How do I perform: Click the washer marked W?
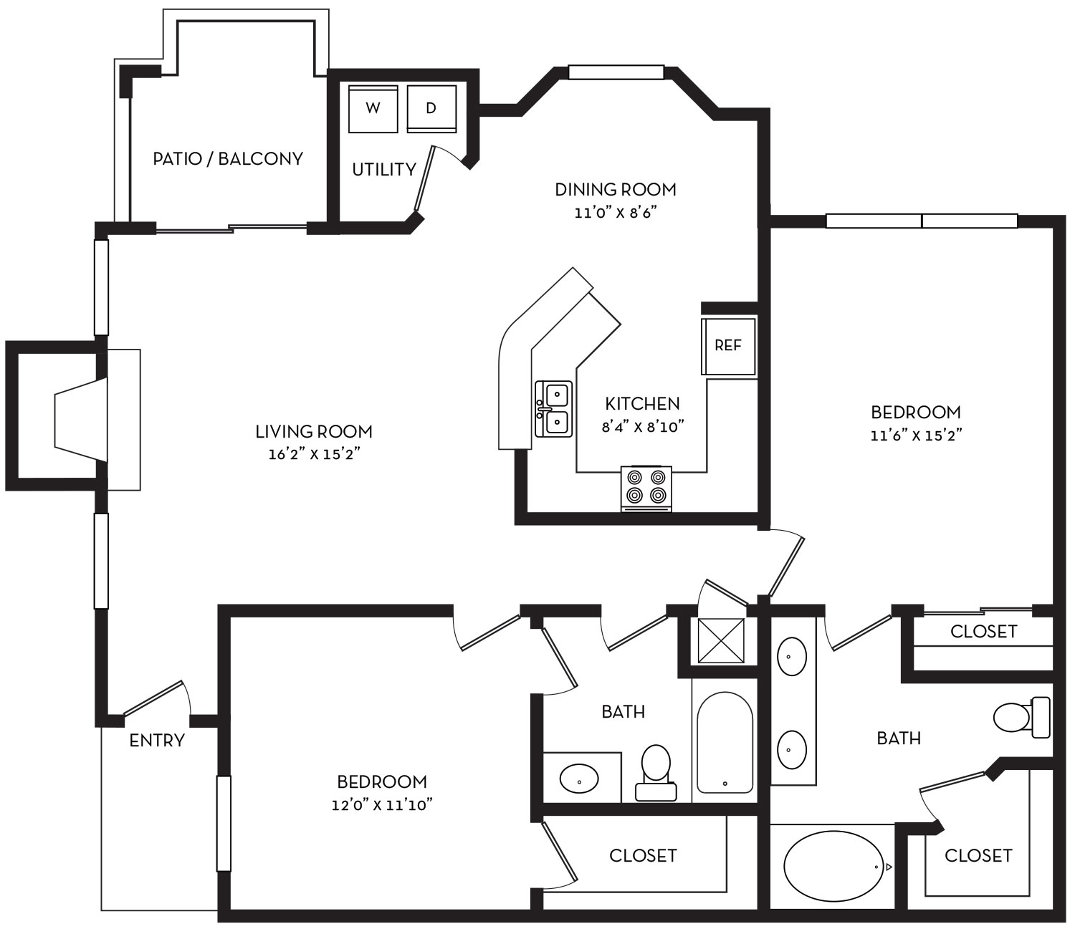click(373, 109)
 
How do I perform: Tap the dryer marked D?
click(431, 109)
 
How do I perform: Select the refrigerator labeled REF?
click(728, 346)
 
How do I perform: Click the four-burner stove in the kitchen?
click(646, 488)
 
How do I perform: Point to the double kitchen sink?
click(554, 409)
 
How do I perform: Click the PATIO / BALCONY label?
click(228, 158)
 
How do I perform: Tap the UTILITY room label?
click(384, 170)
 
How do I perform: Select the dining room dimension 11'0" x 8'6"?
click(616, 213)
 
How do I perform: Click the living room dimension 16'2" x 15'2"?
click(314, 455)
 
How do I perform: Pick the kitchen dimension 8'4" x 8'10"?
click(643, 428)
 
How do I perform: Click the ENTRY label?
click(157, 741)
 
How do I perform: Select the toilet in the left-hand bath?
click(655, 770)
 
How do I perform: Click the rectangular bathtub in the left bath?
click(725, 742)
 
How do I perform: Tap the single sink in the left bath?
click(578, 778)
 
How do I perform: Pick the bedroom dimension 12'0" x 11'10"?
click(381, 805)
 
